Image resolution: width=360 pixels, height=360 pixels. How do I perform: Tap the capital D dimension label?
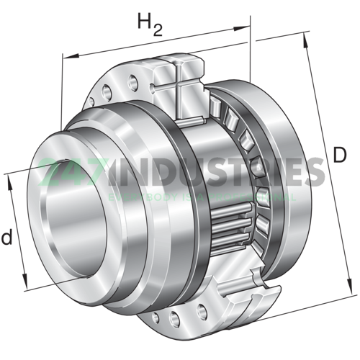(341, 155)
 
